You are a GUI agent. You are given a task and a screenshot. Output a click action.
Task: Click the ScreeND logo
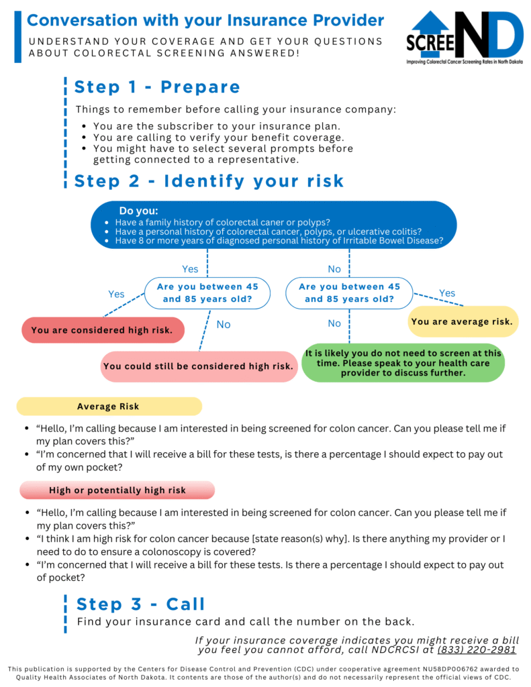click(465, 38)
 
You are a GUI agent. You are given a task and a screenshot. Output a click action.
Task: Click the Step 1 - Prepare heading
click(157, 87)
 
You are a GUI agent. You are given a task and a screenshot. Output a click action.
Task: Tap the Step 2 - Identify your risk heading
click(209, 181)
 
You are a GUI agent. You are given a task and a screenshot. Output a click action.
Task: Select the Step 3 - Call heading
click(141, 604)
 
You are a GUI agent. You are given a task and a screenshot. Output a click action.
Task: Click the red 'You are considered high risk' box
click(103, 330)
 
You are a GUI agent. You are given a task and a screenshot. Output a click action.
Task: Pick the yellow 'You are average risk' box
click(463, 321)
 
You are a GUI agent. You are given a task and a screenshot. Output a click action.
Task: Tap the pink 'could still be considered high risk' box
click(199, 366)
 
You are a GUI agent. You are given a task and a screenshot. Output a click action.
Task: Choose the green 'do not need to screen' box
click(403, 363)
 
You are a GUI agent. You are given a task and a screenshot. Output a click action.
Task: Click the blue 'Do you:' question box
click(274, 225)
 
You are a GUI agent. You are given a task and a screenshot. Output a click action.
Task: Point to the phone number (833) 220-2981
click(477, 649)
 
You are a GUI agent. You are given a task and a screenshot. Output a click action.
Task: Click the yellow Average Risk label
click(109, 407)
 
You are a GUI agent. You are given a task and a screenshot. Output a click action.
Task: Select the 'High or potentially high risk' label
click(117, 490)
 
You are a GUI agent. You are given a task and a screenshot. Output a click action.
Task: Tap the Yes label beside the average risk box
click(447, 293)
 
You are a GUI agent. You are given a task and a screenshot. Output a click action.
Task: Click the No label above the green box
click(334, 323)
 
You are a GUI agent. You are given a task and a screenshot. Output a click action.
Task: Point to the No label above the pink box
click(224, 325)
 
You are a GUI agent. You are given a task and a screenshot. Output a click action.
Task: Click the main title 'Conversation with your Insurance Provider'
click(205, 21)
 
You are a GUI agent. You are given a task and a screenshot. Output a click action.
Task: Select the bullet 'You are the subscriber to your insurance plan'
click(217, 126)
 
